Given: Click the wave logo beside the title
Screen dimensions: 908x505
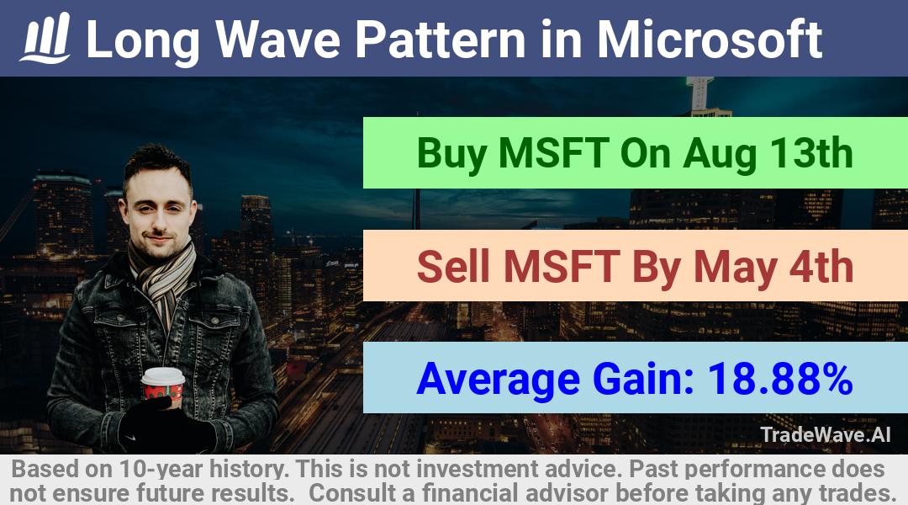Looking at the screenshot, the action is point(45,38).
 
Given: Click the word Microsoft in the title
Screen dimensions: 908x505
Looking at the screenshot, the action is point(710,40).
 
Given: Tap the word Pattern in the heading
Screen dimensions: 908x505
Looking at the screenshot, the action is point(440,40).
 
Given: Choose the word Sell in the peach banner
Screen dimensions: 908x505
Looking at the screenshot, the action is point(453,267).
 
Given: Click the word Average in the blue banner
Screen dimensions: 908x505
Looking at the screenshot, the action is point(498,380).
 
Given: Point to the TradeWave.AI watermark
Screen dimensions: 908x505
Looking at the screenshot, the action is point(826,434).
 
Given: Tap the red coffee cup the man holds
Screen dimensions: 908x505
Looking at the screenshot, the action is point(163,386).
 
